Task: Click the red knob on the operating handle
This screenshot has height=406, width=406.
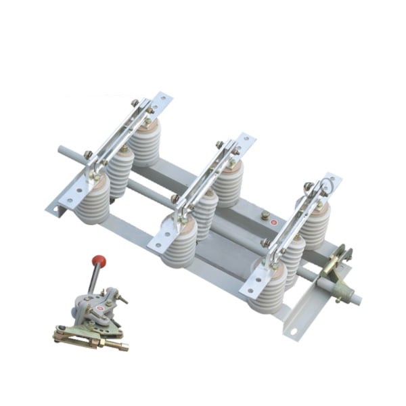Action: pyautogui.click(x=99, y=261)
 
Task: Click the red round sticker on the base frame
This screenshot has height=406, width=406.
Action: pyautogui.click(x=273, y=221)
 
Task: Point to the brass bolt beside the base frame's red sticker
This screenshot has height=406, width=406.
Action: pyautogui.click(x=265, y=217)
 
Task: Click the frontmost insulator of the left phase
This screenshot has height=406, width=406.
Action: pyautogui.click(x=93, y=200)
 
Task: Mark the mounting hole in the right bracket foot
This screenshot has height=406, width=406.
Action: pyautogui.click(x=294, y=331)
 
